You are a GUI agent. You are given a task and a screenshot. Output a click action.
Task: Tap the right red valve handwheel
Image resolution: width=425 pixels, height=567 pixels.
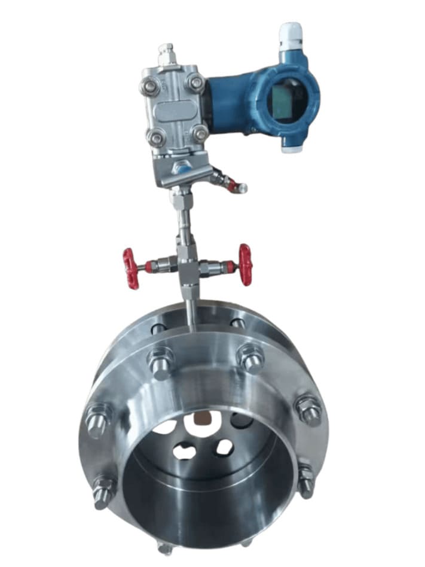tap(245, 264)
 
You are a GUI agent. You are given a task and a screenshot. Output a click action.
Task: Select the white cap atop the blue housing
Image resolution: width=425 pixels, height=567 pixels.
tap(291, 35)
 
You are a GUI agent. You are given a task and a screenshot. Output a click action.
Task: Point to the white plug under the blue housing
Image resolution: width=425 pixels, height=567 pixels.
tap(291, 147)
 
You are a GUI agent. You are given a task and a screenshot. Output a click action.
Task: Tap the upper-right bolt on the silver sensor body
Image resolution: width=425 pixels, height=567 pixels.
tap(195, 83)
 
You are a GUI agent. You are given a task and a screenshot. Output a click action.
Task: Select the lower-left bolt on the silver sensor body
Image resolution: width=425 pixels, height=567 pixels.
tap(156, 138)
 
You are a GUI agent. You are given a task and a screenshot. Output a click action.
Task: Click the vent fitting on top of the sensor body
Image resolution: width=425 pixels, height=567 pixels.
tap(166, 55)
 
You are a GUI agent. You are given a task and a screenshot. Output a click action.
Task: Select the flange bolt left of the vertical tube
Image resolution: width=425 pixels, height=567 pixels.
tap(161, 362)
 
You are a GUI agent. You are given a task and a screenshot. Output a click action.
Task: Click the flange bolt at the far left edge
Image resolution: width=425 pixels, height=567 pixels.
tap(97, 419)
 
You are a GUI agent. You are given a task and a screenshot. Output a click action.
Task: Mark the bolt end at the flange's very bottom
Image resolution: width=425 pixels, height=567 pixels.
tap(166, 545)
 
